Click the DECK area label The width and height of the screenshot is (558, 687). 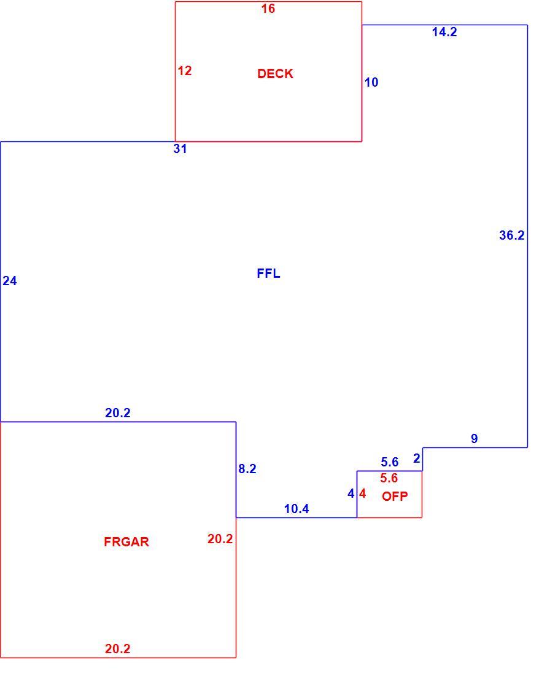275,74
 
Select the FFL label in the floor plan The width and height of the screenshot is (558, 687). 268,273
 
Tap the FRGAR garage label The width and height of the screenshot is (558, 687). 126,542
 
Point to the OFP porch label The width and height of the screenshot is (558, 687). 395,497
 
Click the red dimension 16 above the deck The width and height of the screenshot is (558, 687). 268,9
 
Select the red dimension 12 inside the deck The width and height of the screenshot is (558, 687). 185,71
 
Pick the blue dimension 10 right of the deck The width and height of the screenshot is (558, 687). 371,82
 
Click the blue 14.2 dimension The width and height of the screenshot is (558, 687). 444,32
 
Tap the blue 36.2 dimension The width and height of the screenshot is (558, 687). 512,235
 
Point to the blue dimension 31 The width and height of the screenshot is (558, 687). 180,149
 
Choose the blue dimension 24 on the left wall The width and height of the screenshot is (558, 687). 10,281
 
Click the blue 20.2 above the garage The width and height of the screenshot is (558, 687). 118,413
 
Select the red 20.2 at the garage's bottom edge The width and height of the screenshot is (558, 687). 118,649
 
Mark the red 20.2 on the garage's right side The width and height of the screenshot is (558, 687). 220,539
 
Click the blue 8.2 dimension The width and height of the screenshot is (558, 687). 247,469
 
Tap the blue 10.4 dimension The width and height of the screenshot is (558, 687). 296,509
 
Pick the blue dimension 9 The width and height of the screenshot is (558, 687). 475,439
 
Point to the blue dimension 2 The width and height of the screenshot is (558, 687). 417,458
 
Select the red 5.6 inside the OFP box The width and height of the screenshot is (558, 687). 389,478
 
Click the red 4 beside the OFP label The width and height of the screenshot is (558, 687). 362,494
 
